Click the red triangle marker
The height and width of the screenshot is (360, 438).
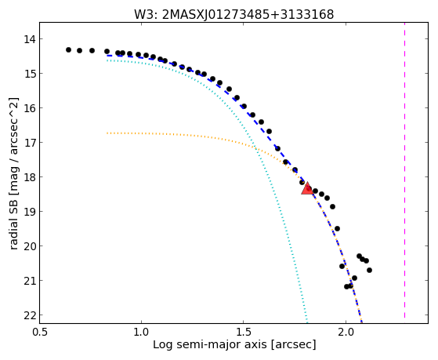pyautogui.click(x=307, y=188)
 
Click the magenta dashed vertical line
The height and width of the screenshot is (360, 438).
pyautogui.click(x=404, y=170)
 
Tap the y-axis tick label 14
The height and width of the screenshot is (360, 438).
pyautogui.click(x=29, y=39)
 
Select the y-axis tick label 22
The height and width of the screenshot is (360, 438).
pyautogui.click(x=29, y=315)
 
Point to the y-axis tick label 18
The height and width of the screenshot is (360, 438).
pyautogui.click(x=29, y=177)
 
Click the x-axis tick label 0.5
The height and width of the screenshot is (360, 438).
pyautogui.click(x=39, y=332)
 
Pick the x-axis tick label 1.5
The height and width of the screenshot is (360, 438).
pyautogui.click(x=244, y=332)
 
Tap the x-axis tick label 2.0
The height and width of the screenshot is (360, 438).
pyautogui.click(x=346, y=332)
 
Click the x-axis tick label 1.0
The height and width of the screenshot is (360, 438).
pyautogui.click(x=141, y=332)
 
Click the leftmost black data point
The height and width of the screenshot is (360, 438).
pyautogui.click(x=68, y=49)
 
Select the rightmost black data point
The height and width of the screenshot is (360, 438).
pyautogui.click(x=369, y=271)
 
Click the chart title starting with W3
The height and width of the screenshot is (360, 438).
pyautogui.click(x=233, y=14)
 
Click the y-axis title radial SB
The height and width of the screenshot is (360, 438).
pyautogui.click(x=13, y=173)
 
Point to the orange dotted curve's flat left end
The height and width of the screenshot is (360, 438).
pyautogui.click(x=107, y=133)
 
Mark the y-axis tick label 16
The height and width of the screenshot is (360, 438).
pyautogui.click(x=29, y=108)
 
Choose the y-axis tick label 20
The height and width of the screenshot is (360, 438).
pyautogui.click(x=29, y=246)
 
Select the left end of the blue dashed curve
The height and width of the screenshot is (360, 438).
pyautogui.click(x=107, y=56)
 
